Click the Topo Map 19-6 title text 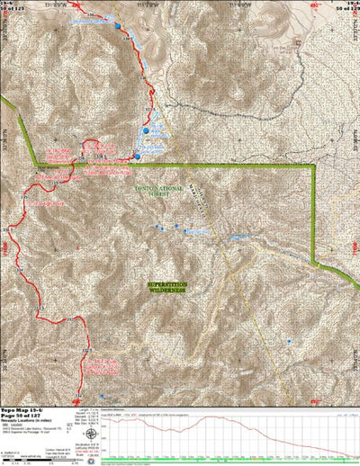point(25,408)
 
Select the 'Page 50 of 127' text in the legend point(25,414)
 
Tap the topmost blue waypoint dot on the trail point(117,27)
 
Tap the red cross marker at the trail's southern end point(78,397)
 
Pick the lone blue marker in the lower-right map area point(289,341)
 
